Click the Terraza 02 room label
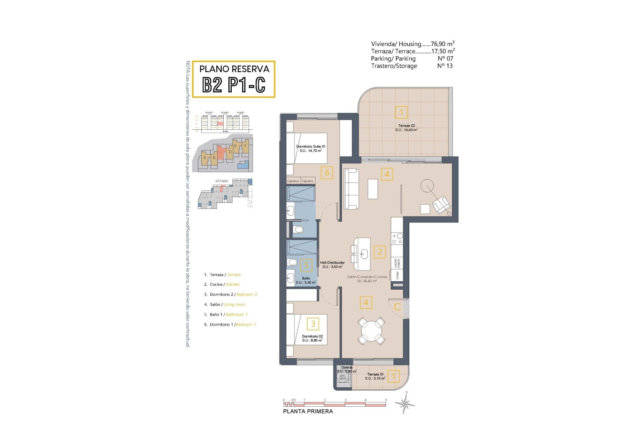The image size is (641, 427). click(x=406, y=128)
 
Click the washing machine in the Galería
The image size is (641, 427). click(x=343, y=377)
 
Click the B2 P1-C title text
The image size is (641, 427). click(x=234, y=85)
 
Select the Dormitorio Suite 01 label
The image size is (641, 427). click(x=310, y=148)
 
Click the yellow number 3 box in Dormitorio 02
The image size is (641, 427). click(x=313, y=324)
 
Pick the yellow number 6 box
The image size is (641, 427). click(x=327, y=172)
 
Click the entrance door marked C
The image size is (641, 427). click(x=397, y=307)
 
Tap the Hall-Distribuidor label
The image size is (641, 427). click(x=332, y=265)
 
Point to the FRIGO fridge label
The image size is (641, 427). click(x=397, y=275)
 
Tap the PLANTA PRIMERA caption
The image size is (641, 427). click(x=308, y=411)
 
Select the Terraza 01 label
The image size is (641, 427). click(x=375, y=376)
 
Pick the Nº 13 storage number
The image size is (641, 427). click(x=445, y=66)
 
